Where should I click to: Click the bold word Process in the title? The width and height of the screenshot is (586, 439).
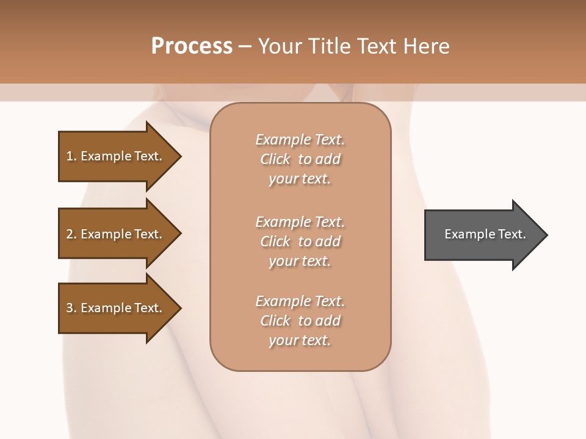(192, 46)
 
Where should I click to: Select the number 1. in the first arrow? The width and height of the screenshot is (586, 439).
(71, 156)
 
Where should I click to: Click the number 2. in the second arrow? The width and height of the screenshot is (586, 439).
(71, 234)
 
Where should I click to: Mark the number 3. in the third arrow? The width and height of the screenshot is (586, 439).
(71, 308)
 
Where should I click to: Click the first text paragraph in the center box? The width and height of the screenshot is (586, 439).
(300, 159)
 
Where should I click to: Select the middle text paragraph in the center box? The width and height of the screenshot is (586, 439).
(300, 241)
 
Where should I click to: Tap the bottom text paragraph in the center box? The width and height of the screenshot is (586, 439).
(300, 321)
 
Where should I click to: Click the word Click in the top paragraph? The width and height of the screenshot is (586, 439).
(275, 159)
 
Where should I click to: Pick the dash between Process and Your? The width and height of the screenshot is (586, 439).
(245, 46)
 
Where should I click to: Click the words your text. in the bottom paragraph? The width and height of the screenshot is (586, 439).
(300, 340)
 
